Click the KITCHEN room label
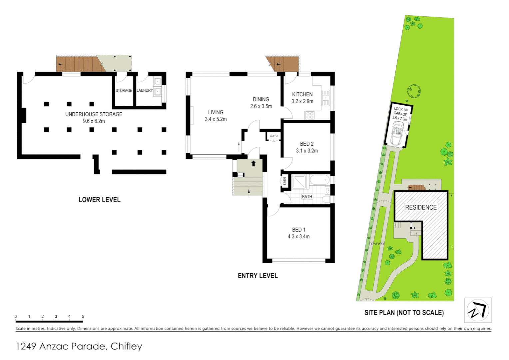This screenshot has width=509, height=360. pyautogui.click(x=302, y=94)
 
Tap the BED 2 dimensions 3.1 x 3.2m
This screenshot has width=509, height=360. pyautogui.click(x=307, y=151)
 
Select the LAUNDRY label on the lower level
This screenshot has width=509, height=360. pyautogui.click(x=145, y=90)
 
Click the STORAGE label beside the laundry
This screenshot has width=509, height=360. pyautogui.click(x=124, y=90)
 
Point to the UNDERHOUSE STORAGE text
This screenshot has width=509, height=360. pyautogui.click(x=94, y=114)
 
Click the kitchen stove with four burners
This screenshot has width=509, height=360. pyautogui.click(x=310, y=115)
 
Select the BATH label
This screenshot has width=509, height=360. pyautogui.click(x=307, y=197)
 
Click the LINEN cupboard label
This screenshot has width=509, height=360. pyautogui.click(x=285, y=181)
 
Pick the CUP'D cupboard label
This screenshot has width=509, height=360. pyautogui.click(x=273, y=136)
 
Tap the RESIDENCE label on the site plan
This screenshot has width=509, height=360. pyautogui.click(x=421, y=207)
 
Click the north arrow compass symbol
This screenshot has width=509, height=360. pyautogui.click(x=478, y=310)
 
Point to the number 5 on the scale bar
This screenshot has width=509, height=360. pyautogui.click(x=83, y=316)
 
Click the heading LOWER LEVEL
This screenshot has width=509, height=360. pyautogui.click(x=99, y=200)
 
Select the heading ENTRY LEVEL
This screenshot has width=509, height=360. pyautogui.click(x=257, y=276)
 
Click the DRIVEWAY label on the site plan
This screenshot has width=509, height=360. pyautogui.click(x=377, y=244)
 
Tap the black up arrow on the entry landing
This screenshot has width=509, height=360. pyautogui.click(x=254, y=163)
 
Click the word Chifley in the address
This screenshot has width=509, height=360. pyautogui.click(x=126, y=346)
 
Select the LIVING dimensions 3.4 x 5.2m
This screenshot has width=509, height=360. pyautogui.click(x=216, y=119)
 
